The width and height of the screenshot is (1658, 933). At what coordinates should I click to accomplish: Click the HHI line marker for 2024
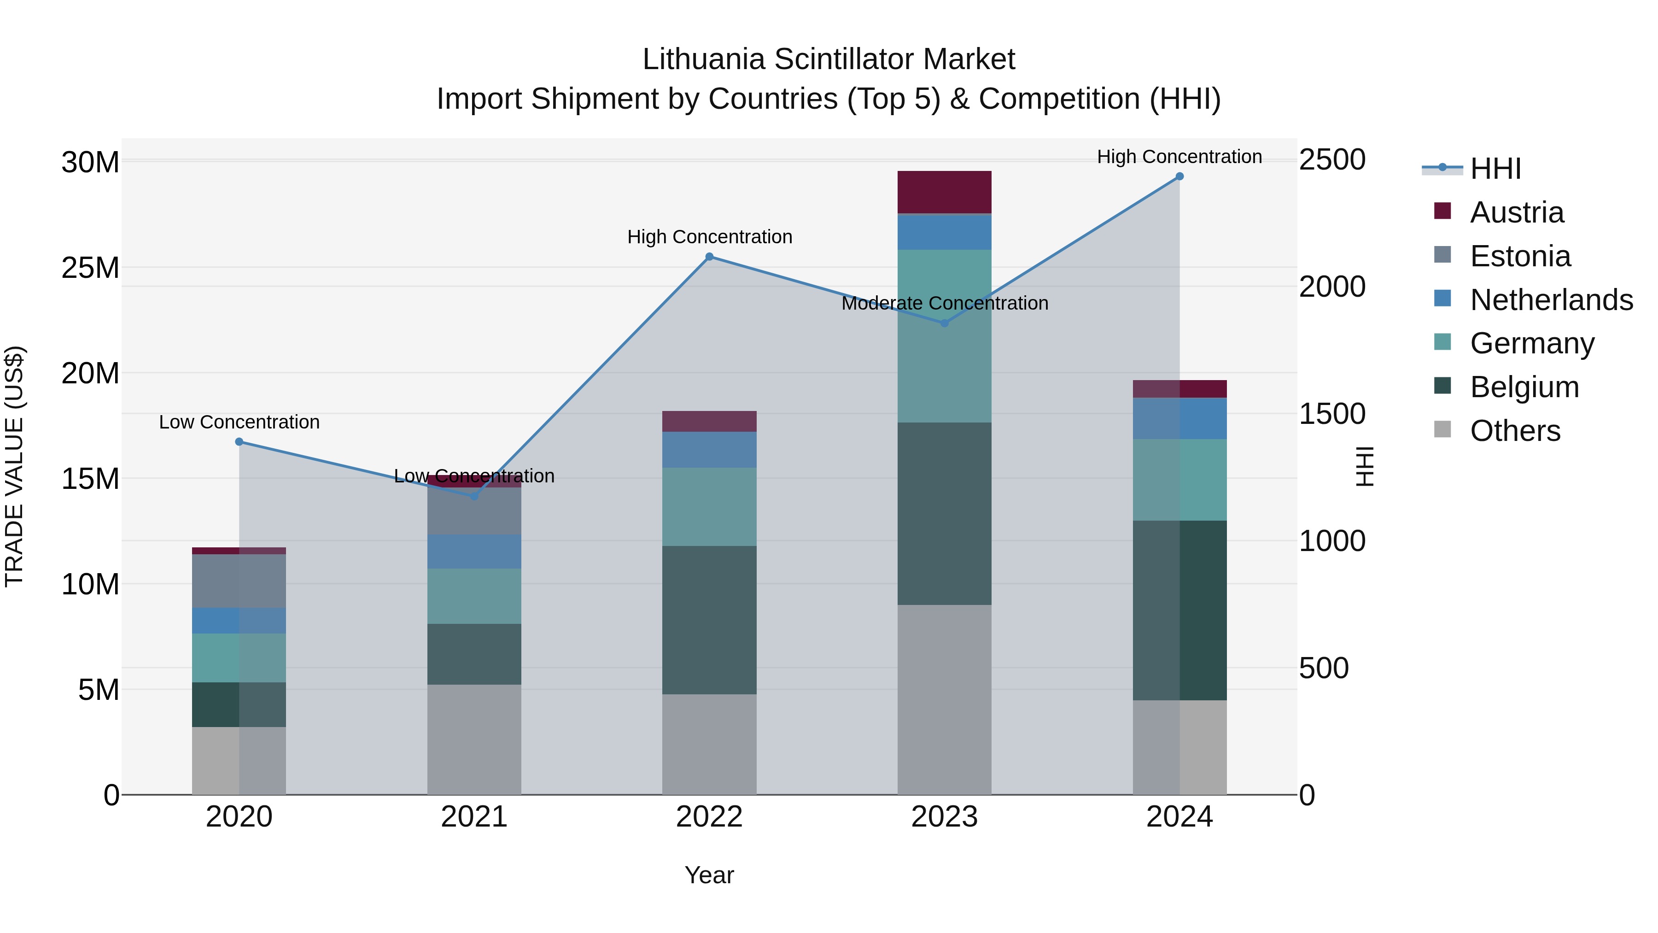(x=1179, y=176)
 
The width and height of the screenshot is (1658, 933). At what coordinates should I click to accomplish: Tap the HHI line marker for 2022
(x=709, y=257)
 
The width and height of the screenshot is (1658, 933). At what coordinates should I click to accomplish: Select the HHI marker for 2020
(x=239, y=442)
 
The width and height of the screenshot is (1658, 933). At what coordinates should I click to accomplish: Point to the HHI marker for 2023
(x=944, y=323)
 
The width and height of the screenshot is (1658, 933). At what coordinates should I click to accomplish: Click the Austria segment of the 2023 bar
(x=944, y=192)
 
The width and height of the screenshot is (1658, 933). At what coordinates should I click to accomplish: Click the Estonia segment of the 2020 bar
(x=239, y=581)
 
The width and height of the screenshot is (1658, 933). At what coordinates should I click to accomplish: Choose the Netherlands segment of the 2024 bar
(x=1179, y=418)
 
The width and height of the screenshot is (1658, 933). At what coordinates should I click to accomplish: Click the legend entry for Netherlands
(x=1551, y=300)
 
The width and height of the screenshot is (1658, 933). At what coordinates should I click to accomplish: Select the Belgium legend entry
(x=1524, y=387)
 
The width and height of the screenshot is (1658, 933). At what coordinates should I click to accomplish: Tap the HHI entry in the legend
(x=1495, y=169)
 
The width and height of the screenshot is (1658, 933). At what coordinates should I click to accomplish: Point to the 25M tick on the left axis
(x=90, y=268)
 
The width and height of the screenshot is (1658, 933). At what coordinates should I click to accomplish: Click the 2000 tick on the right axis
(x=1331, y=287)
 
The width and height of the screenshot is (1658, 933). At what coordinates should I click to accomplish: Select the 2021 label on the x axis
(x=474, y=817)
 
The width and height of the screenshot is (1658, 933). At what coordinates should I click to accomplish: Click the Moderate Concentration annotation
(x=944, y=303)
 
